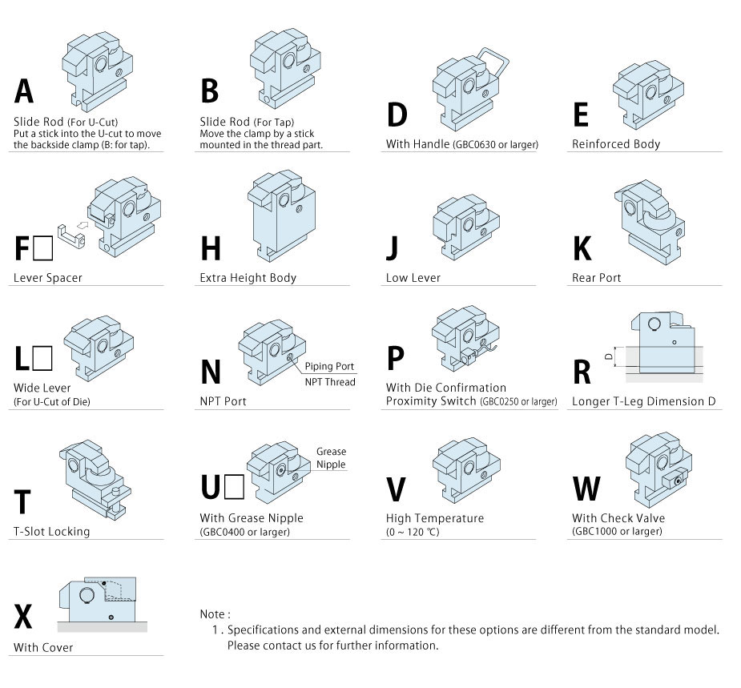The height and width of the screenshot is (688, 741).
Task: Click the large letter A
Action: (23, 91)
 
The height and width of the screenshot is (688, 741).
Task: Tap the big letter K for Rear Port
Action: (582, 248)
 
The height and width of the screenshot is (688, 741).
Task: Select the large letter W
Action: (586, 489)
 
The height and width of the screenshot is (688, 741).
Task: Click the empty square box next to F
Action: (43, 248)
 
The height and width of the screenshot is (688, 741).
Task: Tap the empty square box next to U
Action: (235, 487)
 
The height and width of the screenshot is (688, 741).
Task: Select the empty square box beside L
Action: (43, 358)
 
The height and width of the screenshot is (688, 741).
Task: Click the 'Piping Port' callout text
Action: (329, 367)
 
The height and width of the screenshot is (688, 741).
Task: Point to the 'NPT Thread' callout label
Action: (330, 382)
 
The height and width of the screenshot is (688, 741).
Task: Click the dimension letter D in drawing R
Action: (609, 356)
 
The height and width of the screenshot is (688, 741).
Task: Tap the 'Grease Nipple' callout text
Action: (331, 458)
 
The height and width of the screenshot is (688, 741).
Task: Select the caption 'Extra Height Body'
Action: (248, 278)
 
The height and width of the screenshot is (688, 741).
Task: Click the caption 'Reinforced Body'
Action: (616, 144)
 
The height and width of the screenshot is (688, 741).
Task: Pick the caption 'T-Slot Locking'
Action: (51, 532)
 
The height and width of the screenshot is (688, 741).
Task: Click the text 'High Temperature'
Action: (435, 518)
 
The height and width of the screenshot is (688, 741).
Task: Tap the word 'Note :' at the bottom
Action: (215, 614)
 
